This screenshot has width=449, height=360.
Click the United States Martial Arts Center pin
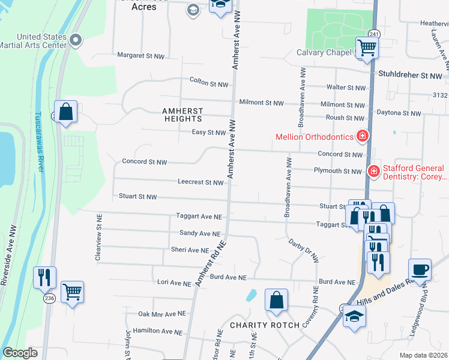click(x=76, y=41)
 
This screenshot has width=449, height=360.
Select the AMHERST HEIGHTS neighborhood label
click(x=182, y=115)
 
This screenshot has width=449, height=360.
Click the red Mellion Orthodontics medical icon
click(x=362, y=137)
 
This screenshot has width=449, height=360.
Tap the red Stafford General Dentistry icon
click(x=373, y=172)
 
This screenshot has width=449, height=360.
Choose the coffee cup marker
click(x=420, y=269)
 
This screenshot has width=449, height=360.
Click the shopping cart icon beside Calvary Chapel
click(x=366, y=47)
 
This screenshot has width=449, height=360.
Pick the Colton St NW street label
click(x=209, y=80)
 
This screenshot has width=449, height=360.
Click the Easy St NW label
click(x=208, y=132)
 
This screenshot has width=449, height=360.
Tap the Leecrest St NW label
click(x=200, y=182)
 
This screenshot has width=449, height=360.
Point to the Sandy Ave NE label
click(x=200, y=233)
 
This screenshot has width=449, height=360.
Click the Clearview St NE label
click(x=98, y=238)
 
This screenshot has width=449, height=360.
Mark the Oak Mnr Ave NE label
click(x=162, y=314)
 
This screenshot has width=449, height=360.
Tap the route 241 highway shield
click(x=374, y=34)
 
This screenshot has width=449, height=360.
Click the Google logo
click(x=20, y=353)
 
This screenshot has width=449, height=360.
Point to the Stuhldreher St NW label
click(x=410, y=76)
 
